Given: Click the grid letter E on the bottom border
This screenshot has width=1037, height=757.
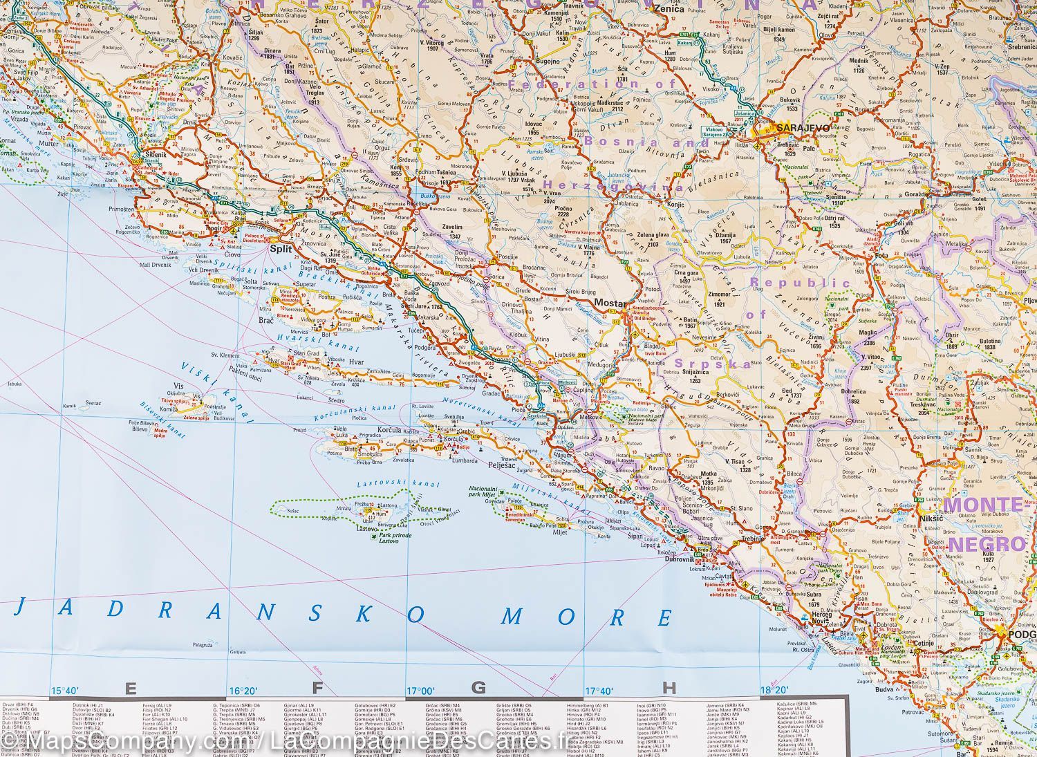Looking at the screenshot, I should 129,688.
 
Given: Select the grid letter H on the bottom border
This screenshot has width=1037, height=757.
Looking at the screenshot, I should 668,688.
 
